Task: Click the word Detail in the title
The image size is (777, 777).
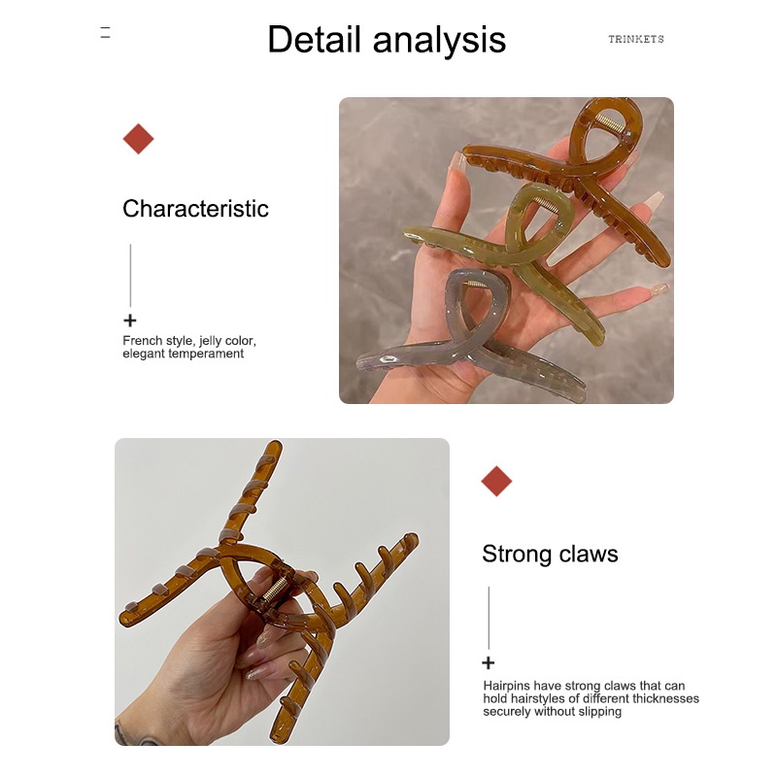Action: point(314,39)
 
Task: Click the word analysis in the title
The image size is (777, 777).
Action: point(439,41)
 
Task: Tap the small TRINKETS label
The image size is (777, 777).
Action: point(636,39)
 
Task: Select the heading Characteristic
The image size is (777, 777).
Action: point(195,208)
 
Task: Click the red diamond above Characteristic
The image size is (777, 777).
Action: point(138,139)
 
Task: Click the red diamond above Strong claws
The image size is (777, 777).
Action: point(496,481)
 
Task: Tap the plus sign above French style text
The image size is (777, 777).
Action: point(130,321)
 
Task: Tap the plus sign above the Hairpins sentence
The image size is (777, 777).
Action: point(489,662)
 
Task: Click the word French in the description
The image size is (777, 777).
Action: point(142,341)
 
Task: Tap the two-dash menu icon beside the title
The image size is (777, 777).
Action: point(105,32)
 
